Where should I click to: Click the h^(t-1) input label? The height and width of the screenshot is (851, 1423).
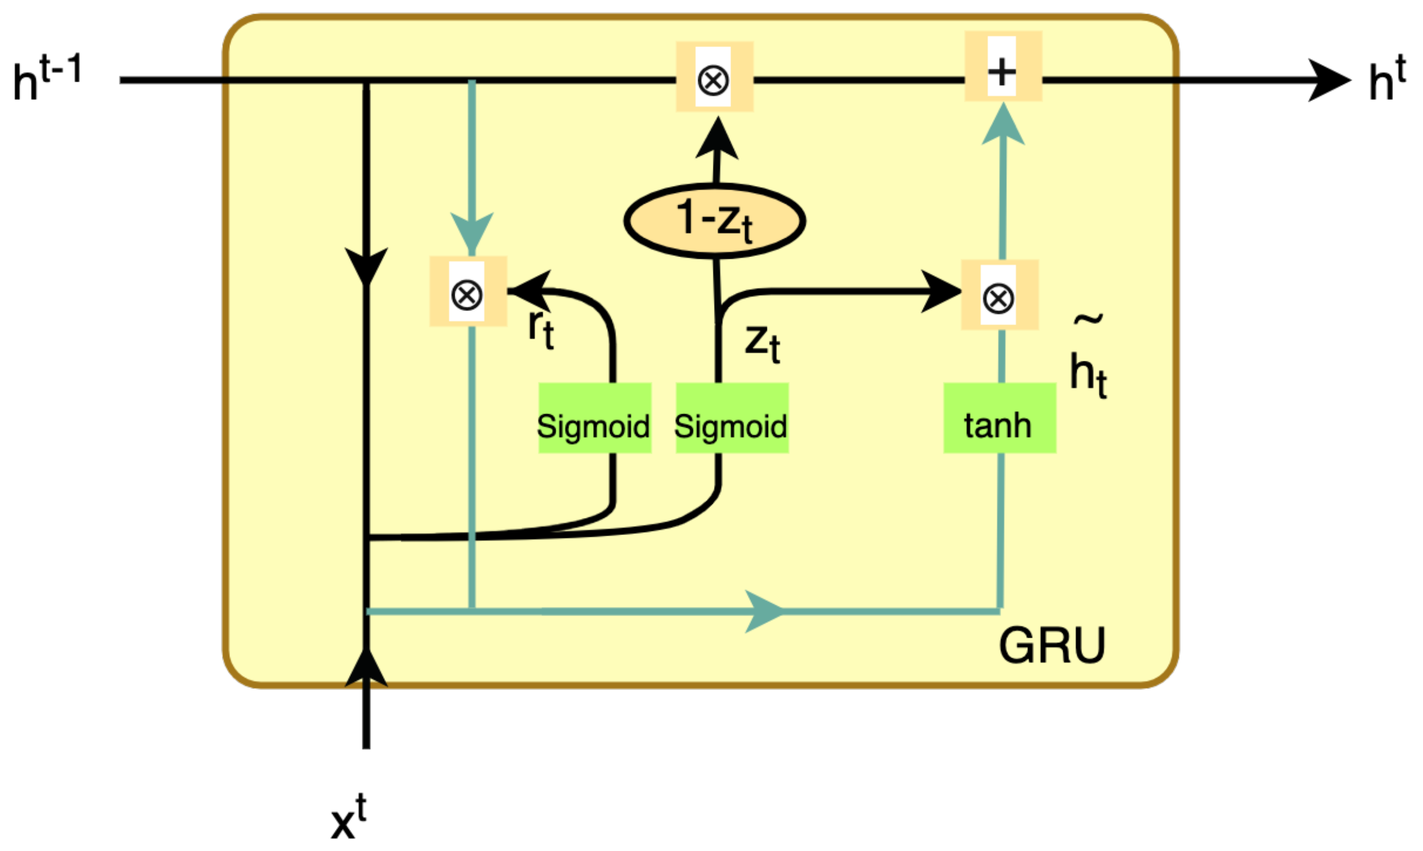[47, 78]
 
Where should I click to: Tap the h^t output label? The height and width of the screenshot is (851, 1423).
[1386, 79]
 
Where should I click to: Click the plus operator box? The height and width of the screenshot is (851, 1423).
[1002, 66]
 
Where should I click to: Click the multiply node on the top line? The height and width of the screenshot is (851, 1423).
[714, 77]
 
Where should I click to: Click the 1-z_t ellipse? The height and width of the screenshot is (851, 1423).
[714, 221]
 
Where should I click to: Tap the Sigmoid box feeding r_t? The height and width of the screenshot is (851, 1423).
[595, 418]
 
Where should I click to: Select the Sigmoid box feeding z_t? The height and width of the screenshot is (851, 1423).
[732, 418]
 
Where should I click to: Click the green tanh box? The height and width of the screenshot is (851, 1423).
[999, 418]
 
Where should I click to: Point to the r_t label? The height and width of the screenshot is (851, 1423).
[541, 329]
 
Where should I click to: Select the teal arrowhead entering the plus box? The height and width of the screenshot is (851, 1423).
[1002, 124]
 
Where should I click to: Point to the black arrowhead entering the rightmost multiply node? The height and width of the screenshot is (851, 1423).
[941, 292]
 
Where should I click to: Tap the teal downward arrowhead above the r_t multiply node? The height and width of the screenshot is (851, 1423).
[472, 232]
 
